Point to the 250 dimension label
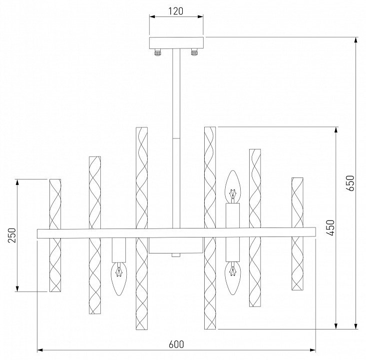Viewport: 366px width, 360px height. coord(12,235)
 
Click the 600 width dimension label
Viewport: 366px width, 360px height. coord(176,344)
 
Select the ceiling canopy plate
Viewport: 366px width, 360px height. coord(177,42)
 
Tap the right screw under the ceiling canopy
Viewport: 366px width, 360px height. coord(194,51)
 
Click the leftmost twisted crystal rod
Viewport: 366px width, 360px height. coord(55,235)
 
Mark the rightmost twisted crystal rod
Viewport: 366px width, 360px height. coord(297,233)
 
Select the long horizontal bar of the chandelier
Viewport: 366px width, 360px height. coord(177,232)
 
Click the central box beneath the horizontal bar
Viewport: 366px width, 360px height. coord(176,245)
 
